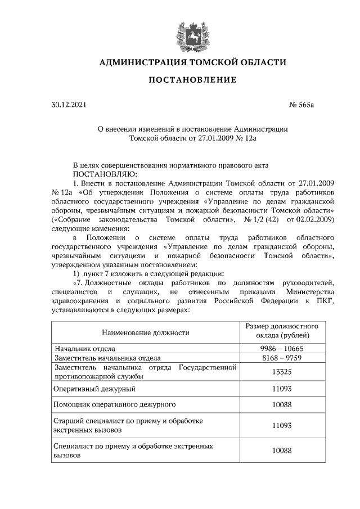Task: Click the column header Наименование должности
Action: [145, 332]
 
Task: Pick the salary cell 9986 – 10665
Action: [282, 349]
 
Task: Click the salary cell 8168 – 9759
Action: [282, 358]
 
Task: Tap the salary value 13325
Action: [282, 372]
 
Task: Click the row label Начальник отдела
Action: [84, 349]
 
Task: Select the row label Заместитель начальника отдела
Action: [107, 358]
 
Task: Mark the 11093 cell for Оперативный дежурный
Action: [282, 388]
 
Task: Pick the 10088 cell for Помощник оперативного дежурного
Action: [282, 404]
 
